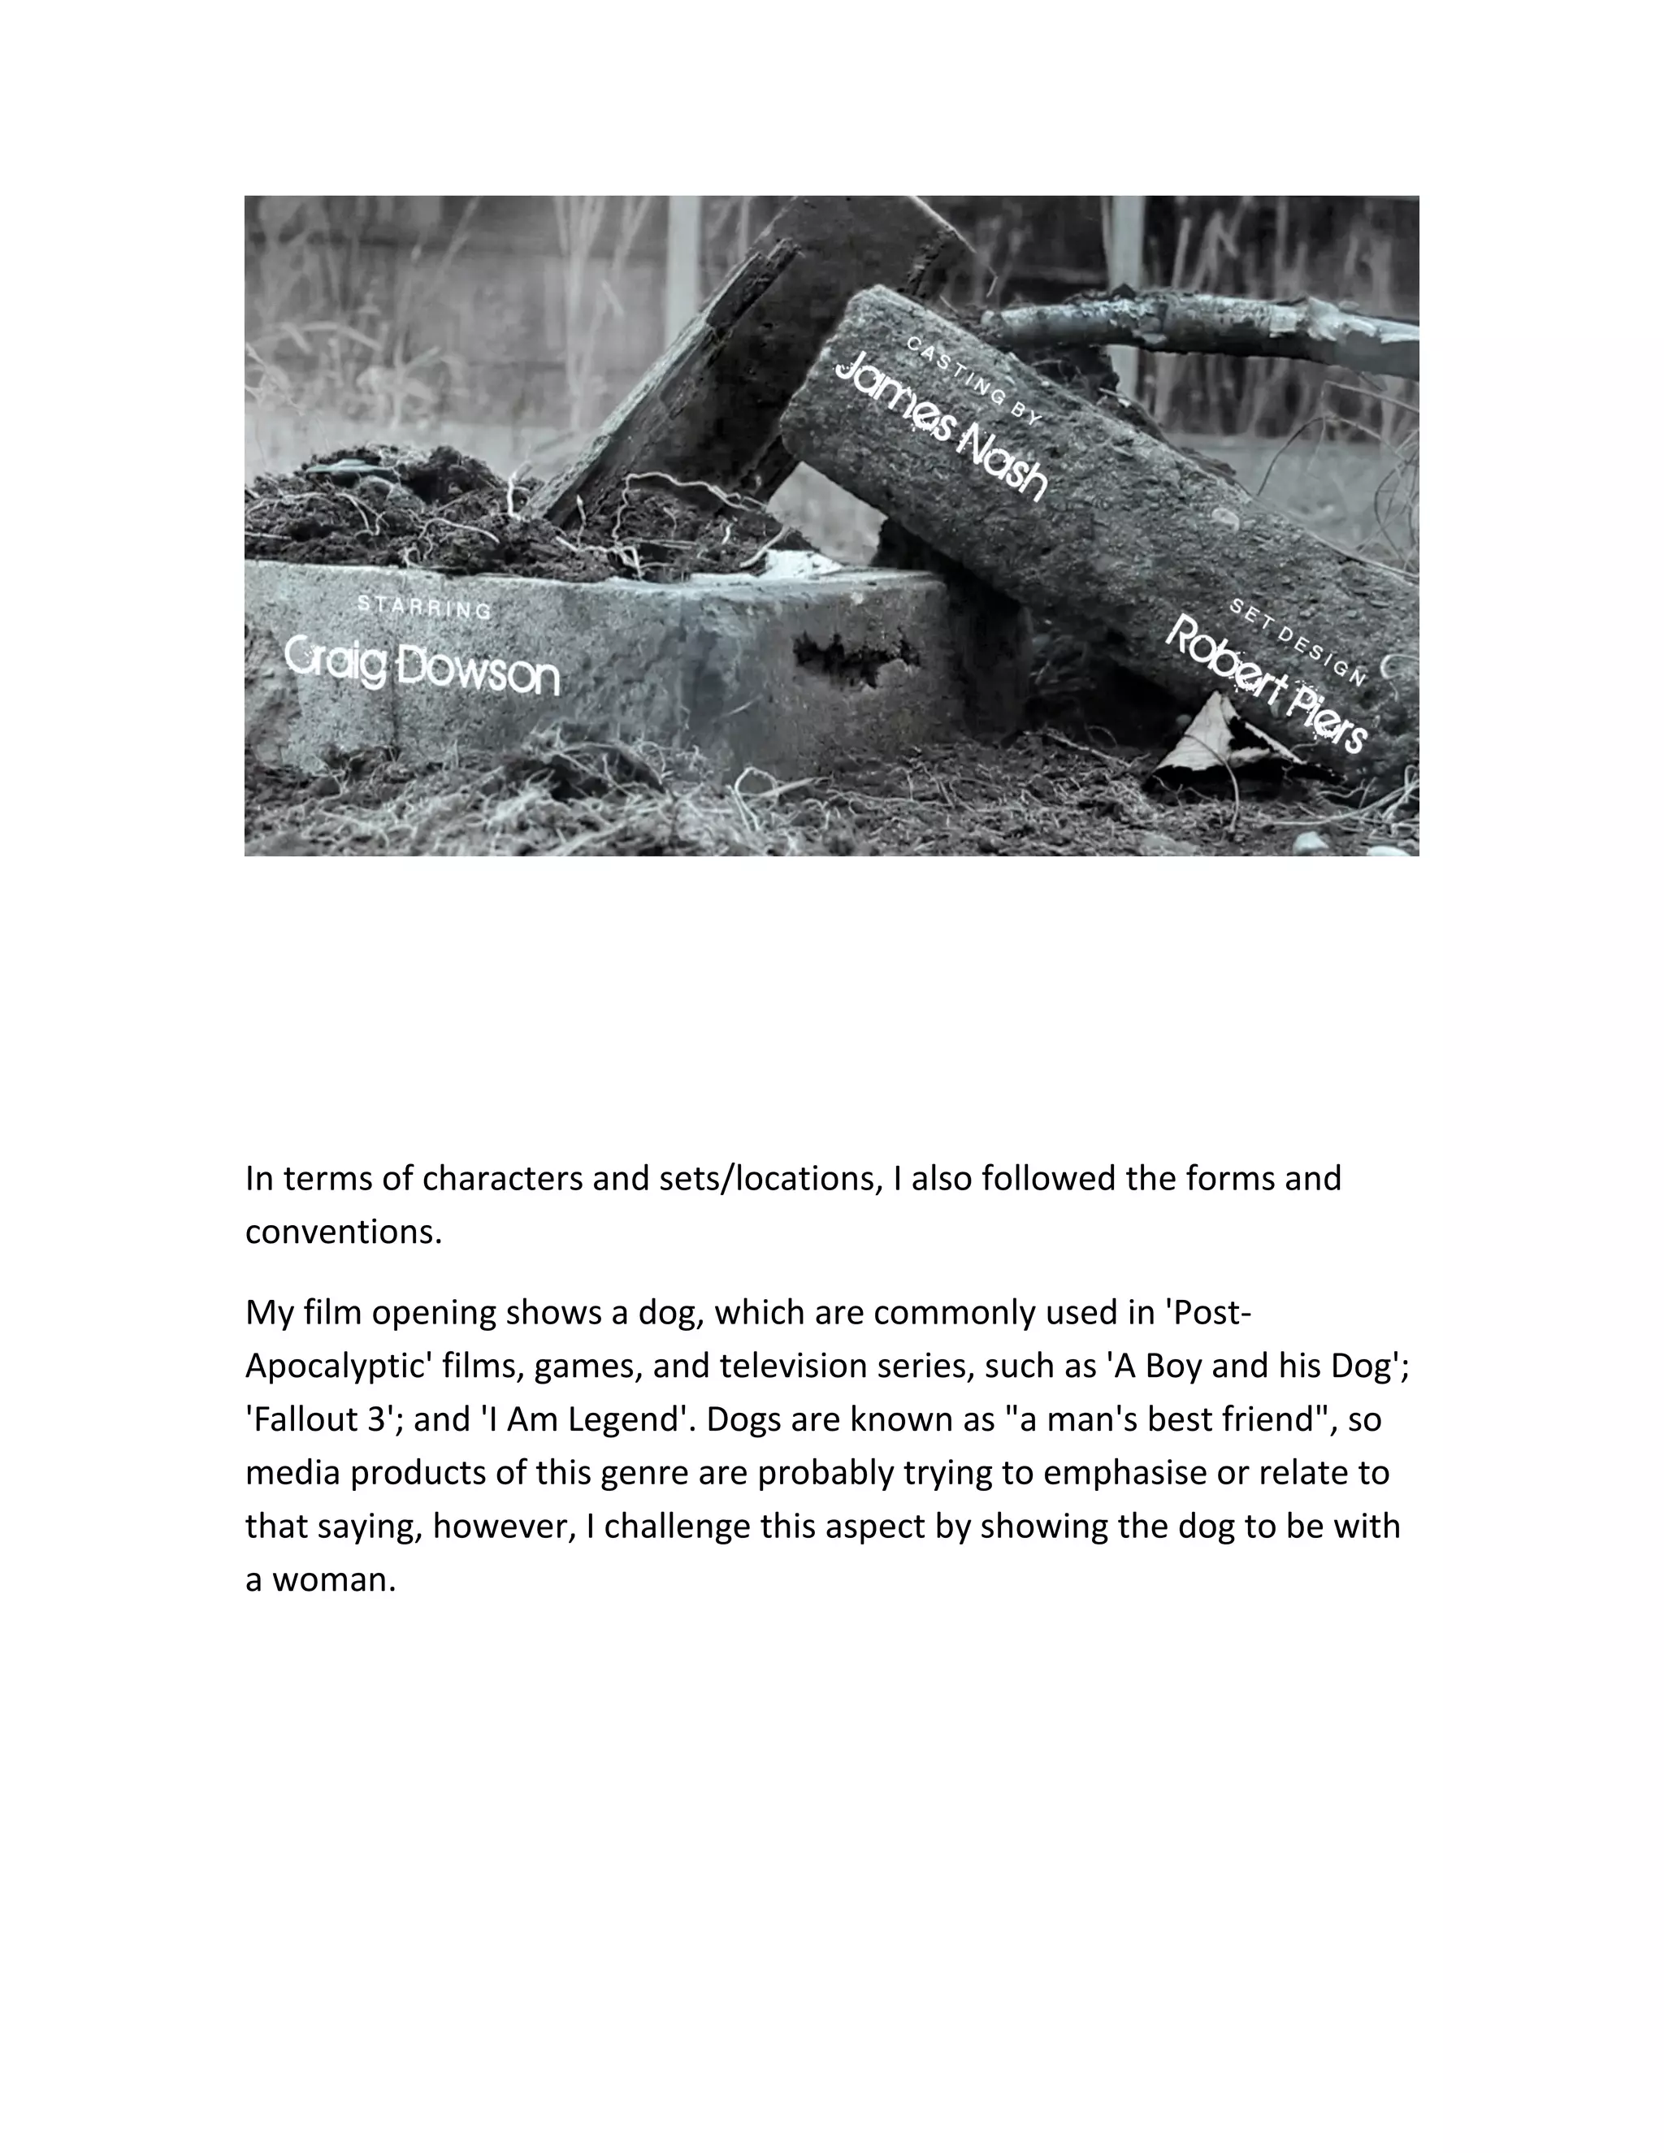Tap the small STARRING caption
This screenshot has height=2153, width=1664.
click(x=424, y=607)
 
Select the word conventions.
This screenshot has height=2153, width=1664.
click(x=344, y=1232)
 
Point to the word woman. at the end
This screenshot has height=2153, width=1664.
click(x=334, y=1579)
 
